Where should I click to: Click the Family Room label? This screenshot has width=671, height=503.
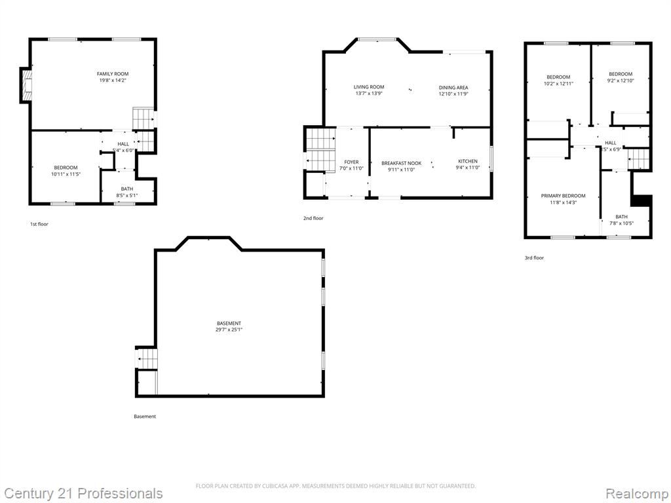112,74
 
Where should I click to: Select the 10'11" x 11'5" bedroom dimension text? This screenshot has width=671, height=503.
66,174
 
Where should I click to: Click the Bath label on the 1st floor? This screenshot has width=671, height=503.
126,189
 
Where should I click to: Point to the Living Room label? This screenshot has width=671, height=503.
369,87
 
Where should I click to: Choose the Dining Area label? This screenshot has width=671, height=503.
453,87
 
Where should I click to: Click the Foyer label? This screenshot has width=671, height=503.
351,162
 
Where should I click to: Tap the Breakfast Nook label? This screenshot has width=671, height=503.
401,162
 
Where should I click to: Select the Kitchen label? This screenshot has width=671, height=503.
467,161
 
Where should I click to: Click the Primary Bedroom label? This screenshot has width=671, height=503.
563,196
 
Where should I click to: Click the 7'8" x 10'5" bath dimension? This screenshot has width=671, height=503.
621,223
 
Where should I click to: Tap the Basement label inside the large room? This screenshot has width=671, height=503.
229,324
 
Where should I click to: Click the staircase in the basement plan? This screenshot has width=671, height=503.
147,359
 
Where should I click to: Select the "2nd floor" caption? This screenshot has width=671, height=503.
313,218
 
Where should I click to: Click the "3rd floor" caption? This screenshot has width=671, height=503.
534,258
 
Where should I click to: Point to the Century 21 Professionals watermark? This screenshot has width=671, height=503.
83,493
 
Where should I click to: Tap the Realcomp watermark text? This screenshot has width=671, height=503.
636,493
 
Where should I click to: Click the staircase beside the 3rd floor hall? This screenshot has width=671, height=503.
638,158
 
